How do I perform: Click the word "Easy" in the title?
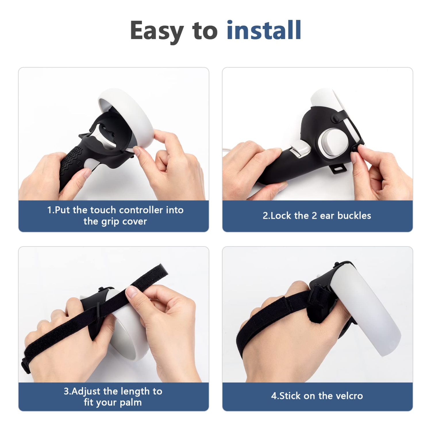click(157, 31)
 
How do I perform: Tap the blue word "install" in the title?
click(263, 30)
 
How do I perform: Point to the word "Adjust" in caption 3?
click(86, 391)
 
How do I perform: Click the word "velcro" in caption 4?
click(349, 396)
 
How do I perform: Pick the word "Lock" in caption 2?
click(281, 215)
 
